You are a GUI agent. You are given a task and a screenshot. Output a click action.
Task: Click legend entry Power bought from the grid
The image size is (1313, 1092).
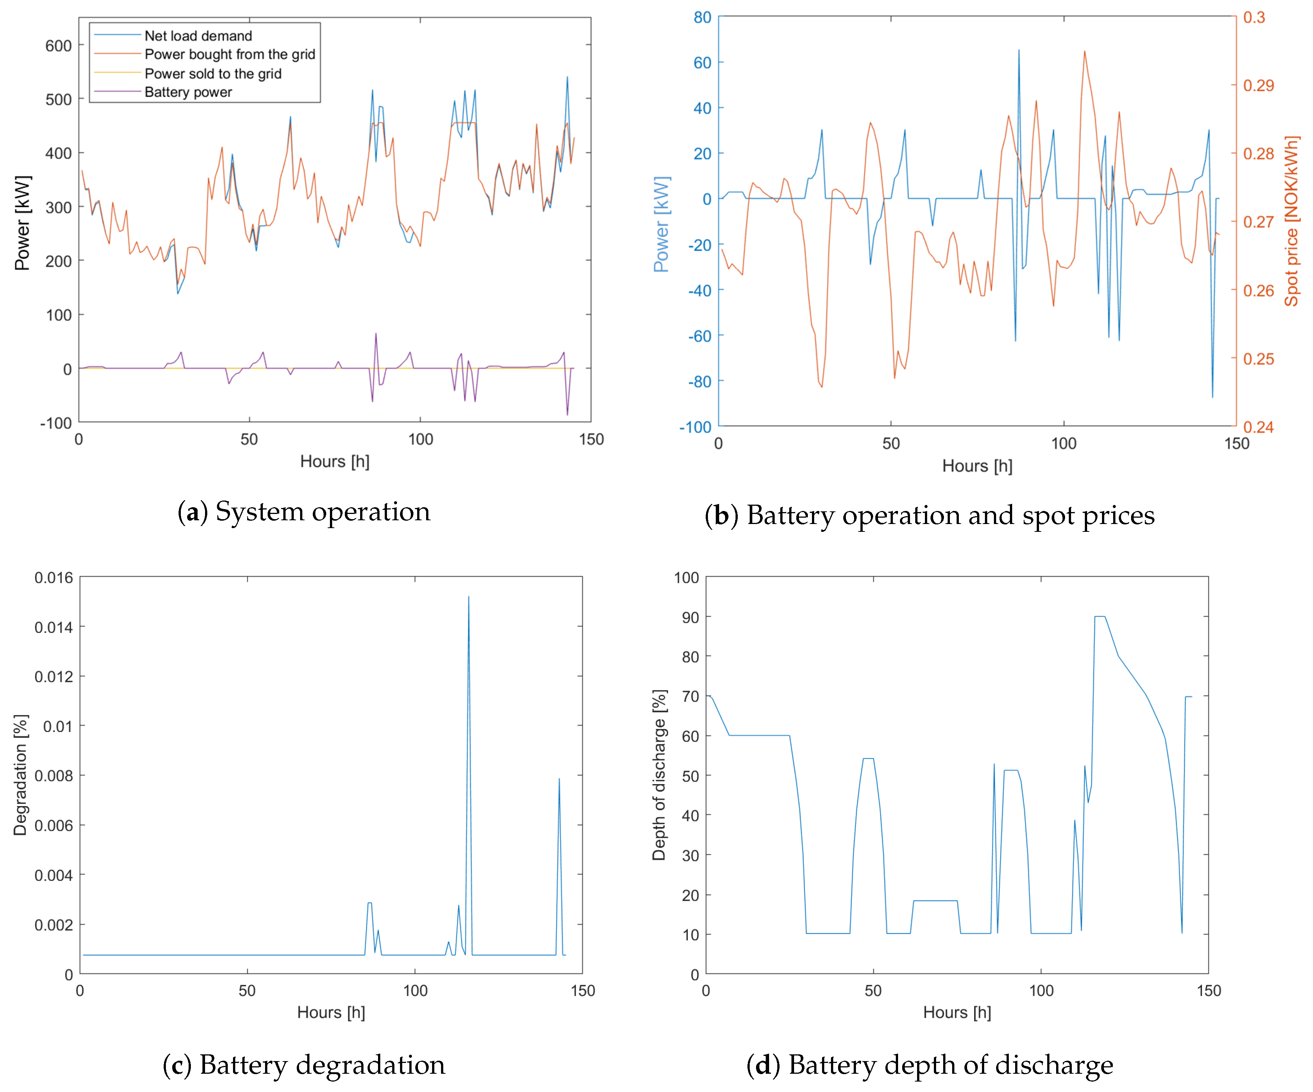coord(230,54)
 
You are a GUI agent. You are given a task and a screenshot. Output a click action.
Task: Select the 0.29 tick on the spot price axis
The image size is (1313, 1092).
coord(1258,86)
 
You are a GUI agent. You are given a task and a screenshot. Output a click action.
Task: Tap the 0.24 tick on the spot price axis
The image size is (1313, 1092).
coord(1258,427)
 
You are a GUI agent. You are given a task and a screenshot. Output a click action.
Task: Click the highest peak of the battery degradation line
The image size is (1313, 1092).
coord(468,597)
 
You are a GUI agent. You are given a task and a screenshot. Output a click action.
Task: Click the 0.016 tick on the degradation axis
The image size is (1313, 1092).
coord(53,578)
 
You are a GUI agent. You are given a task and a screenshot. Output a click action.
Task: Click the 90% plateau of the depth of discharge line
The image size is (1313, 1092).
coord(1100,617)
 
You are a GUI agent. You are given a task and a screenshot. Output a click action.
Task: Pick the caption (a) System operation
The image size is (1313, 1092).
coord(304,511)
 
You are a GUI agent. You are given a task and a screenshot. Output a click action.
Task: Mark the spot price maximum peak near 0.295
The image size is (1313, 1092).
coord(1084,52)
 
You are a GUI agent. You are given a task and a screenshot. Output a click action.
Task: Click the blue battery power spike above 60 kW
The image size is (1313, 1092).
coord(1018,51)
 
